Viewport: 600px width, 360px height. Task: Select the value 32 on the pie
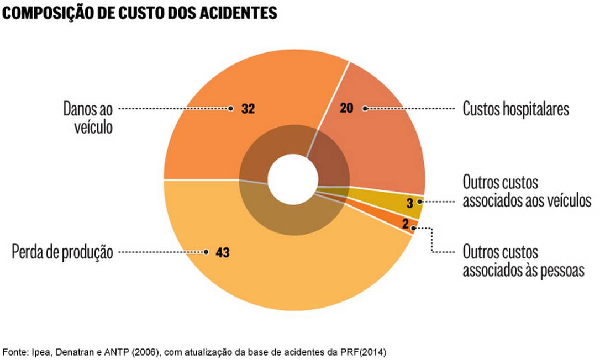click(x=248, y=109)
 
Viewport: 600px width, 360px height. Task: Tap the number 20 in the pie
click(x=346, y=109)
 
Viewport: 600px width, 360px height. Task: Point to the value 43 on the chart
click(x=223, y=252)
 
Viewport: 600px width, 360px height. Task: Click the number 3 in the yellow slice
click(x=409, y=203)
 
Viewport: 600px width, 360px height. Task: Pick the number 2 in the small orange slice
click(x=406, y=224)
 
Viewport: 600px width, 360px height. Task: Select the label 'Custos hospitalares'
click(x=515, y=109)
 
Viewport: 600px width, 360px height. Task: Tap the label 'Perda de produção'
click(x=62, y=252)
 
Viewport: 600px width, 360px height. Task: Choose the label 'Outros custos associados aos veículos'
click(x=527, y=191)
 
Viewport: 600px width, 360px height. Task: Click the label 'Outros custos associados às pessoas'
click(x=523, y=261)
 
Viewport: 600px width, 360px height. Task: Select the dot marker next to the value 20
click(x=365, y=109)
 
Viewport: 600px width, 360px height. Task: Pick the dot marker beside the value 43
click(x=206, y=252)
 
